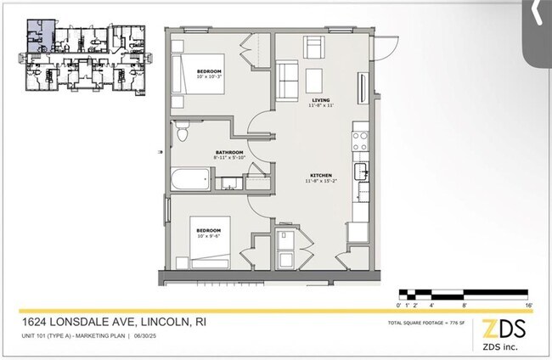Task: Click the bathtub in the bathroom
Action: (190, 180)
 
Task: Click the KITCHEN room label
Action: (319, 175)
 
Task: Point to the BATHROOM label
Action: (229, 152)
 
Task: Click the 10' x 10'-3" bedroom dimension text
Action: (209, 76)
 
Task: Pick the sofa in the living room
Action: (287, 80)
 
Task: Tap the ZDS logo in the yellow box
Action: (504, 329)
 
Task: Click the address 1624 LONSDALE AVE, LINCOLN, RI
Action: (113, 323)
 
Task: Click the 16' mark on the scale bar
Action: (528, 303)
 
